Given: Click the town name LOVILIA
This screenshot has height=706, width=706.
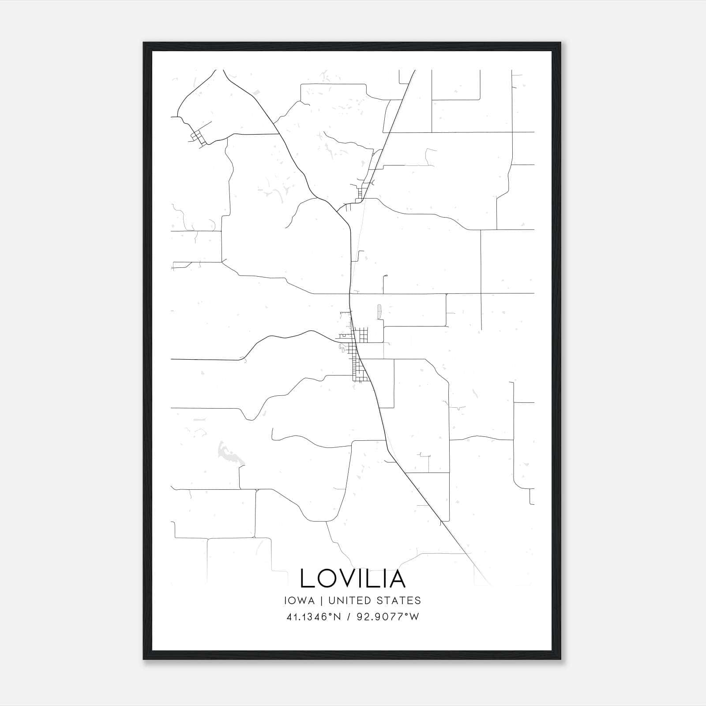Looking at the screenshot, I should click(x=353, y=578).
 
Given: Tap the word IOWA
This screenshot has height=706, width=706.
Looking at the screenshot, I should click(x=299, y=601).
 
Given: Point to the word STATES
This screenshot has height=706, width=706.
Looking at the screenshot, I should click(x=400, y=601).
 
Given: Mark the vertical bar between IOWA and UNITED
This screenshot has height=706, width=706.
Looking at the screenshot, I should click(x=321, y=601).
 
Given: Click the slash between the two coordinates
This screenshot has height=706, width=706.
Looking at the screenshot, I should click(x=349, y=617).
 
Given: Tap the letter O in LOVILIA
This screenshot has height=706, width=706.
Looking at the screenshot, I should click(x=327, y=578).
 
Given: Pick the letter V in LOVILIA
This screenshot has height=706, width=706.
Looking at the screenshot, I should click(x=350, y=578).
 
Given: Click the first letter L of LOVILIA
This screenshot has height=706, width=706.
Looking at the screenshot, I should click(x=306, y=578).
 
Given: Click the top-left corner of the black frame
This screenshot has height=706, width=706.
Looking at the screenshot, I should click(x=144, y=43).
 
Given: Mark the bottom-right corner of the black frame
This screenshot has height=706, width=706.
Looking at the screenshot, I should click(x=560, y=659).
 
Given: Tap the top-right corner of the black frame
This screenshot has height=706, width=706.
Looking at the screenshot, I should click(x=560, y=43).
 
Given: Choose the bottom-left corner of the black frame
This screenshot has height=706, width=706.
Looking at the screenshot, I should click(x=144, y=659).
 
